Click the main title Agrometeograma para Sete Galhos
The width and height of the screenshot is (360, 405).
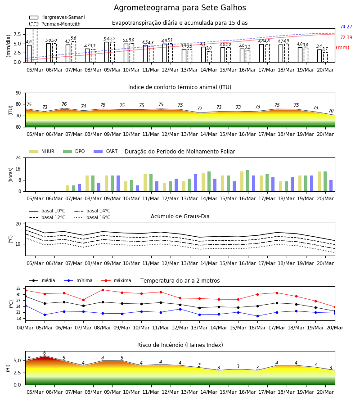(180, 8)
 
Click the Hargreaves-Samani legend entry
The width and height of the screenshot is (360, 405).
(57, 17)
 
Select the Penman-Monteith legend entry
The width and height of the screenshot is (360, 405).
(55, 24)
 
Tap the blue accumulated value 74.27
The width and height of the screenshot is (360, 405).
(346, 27)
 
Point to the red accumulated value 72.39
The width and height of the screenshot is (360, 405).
(346, 37)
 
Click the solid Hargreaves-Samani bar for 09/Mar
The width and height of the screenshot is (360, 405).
(107, 52)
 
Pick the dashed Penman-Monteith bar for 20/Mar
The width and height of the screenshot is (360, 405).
(325, 57)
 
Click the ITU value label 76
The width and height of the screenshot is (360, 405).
(64, 104)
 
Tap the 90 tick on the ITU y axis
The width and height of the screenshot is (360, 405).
(18, 93)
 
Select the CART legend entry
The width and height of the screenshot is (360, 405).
(106, 151)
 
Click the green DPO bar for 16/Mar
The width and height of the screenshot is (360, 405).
(247, 181)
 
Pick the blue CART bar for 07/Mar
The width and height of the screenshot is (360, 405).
(79, 188)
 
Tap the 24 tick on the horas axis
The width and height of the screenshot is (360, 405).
(18, 157)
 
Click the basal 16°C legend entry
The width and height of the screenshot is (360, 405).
(92, 217)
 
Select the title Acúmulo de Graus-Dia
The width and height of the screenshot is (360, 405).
(180, 216)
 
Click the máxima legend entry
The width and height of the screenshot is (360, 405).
(116, 280)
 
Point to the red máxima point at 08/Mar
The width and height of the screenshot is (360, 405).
(103, 290)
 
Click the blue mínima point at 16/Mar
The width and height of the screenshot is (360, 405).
(257, 316)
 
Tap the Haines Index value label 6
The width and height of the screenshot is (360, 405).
(45, 353)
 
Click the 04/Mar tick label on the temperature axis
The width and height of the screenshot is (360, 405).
(25, 328)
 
